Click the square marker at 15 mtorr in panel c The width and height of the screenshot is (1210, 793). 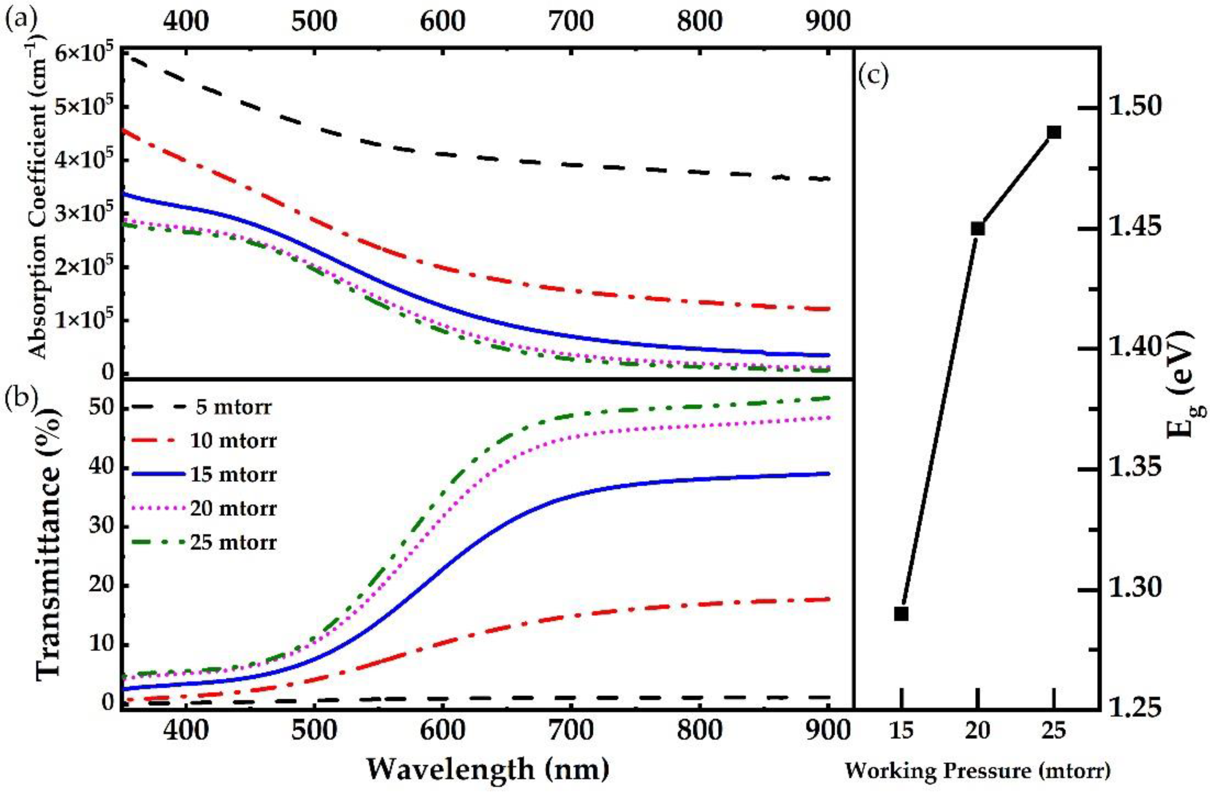[x=901, y=614]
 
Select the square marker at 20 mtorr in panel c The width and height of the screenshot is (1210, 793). [x=977, y=229]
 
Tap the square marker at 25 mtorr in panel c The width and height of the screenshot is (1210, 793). [x=1054, y=133]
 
